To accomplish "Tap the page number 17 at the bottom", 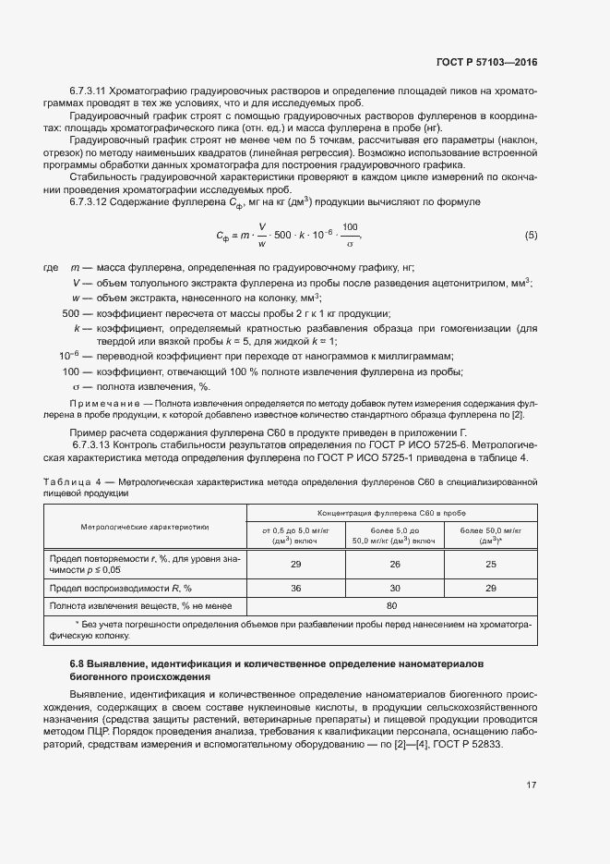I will tap(531, 785).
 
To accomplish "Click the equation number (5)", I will tap(530, 236).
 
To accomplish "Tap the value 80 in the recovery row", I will tap(390, 605).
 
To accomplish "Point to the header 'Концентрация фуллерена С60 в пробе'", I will tap(390, 511).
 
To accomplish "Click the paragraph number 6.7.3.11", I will tap(88, 91).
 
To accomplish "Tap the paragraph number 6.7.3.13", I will tap(88, 445).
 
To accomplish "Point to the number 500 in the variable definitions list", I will tap(70, 313).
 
